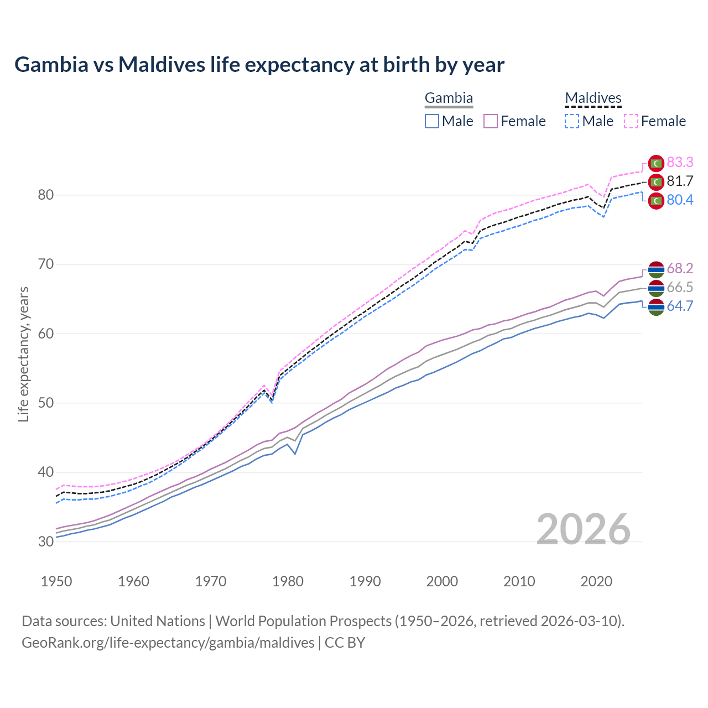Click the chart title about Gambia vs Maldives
tap(259, 65)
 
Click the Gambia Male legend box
tap(432, 121)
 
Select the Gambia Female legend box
tap(491, 121)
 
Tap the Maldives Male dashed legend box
tap(572, 121)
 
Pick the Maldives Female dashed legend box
tap(631, 121)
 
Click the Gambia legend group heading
tap(449, 98)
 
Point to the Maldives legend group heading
tap(593, 98)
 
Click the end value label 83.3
tap(680, 162)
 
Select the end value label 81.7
tap(680, 181)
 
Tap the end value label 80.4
tap(680, 200)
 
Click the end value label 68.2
tap(680, 268)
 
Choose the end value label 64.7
tap(680, 306)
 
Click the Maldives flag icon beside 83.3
tap(656, 163)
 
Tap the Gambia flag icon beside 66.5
tap(656, 288)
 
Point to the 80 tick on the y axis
tap(46, 195)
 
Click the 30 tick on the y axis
tap(46, 542)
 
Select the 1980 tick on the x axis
tap(288, 581)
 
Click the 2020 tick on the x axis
tap(596, 581)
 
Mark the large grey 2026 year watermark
tap(584, 529)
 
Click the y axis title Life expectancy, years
tap(24, 354)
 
